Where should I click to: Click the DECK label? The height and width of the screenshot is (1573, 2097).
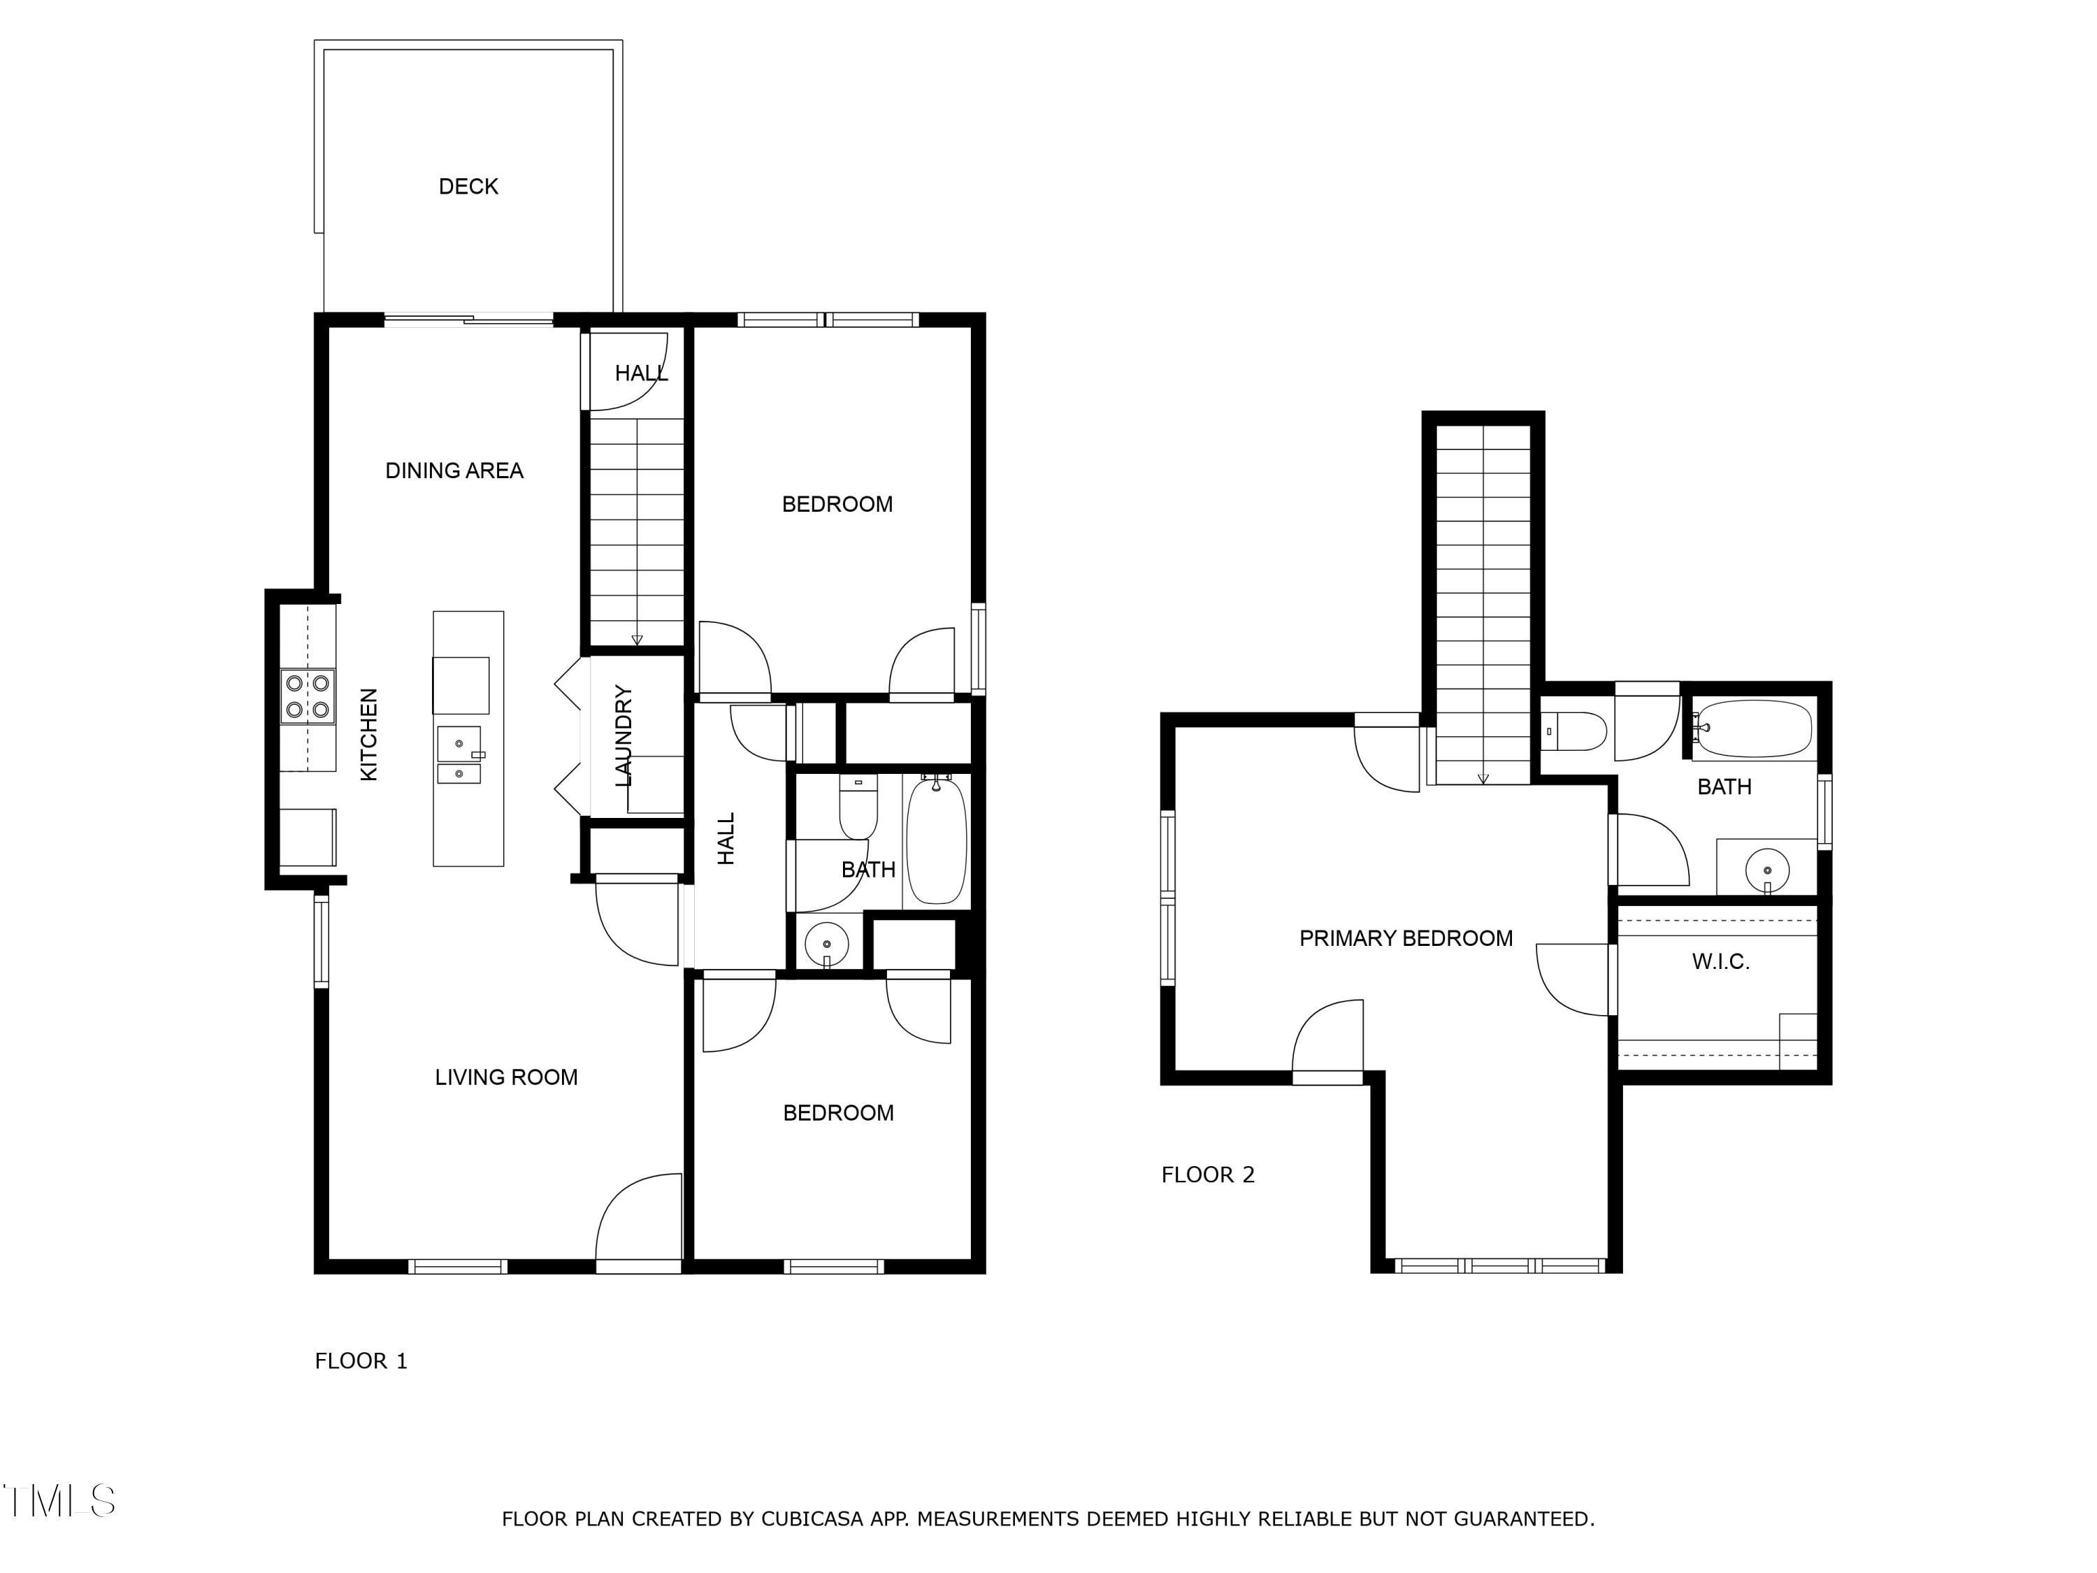point(468,187)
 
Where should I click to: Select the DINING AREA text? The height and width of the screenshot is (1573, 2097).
point(454,471)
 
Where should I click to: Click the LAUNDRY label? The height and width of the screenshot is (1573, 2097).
point(623,735)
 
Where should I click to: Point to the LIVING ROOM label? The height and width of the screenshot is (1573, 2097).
point(506,1077)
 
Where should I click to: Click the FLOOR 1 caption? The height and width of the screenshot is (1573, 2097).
point(361,1360)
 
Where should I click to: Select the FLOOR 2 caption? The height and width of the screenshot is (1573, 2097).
point(1208,1175)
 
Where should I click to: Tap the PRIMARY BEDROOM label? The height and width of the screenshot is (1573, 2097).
point(1406,939)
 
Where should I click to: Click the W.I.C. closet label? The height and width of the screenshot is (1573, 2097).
point(1721,961)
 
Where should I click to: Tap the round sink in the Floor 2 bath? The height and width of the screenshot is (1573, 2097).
point(1767,870)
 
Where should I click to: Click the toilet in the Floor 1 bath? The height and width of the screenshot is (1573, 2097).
point(858,806)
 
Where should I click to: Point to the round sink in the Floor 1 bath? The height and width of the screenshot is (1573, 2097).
point(827,944)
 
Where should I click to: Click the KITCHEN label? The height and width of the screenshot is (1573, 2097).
point(369,735)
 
